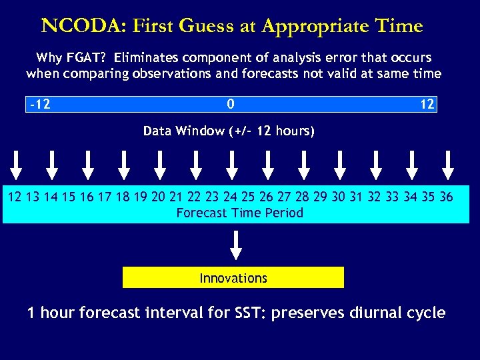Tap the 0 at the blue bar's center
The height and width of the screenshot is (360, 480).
pyautogui.click(x=231, y=105)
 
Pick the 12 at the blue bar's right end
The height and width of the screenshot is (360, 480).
pyautogui.click(x=427, y=105)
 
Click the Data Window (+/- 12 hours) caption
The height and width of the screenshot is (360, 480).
pyautogui.click(x=229, y=131)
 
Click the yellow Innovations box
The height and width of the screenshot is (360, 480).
pyautogui.click(x=233, y=278)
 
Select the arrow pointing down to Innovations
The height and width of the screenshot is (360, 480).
pyautogui.click(x=235, y=245)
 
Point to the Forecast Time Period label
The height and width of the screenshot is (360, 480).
pyautogui.click(x=239, y=213)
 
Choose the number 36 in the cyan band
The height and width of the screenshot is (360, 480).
pyautogui.click(x=446, y=197)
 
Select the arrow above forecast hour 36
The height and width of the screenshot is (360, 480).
pyautogui.click(x=447, y=165)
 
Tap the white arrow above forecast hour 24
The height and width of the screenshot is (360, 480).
pyautogui.click(x=231, y=165)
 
